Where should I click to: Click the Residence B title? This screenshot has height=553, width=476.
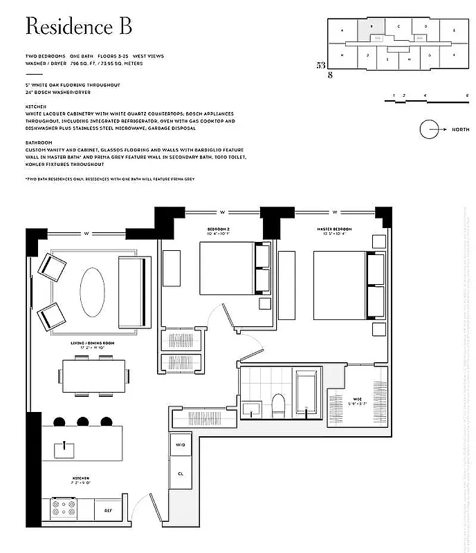pyautogui.click(x=78, y=27)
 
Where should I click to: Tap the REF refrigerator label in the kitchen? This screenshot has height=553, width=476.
pyautogui.click(x=108, y=510)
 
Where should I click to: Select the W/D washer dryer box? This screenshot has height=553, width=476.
pyautogui.click(x=180, y=444)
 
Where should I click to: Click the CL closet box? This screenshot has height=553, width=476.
pyautogui.click(x=180, y=474)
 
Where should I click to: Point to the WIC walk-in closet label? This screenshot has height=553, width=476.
pyautogui.click(x=357, y=400)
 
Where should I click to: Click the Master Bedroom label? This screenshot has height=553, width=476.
pyautogui.click(x=336, y=228)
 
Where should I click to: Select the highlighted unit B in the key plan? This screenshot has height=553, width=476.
pyautogui.click(x=372, y=28)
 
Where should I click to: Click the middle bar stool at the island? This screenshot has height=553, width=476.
pyautogui.click(x=83, y=421)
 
